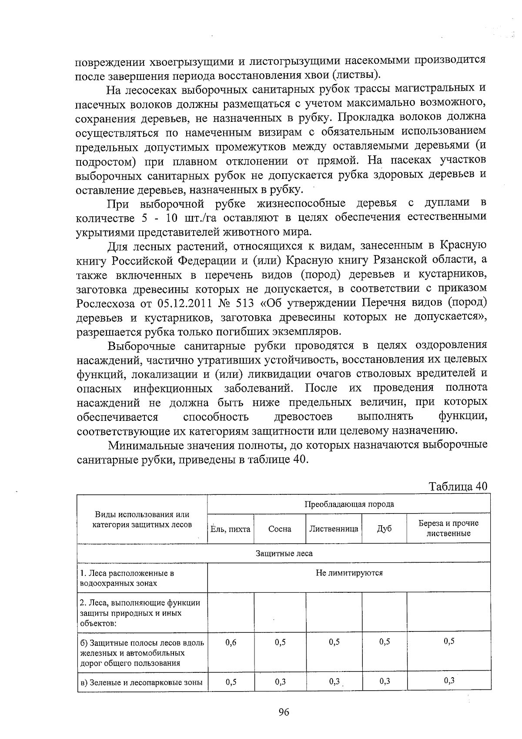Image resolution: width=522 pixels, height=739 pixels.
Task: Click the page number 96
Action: [x=284, y=712]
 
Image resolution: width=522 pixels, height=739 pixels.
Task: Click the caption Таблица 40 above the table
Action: [x=458, y=486]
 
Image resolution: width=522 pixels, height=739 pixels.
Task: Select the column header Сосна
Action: [x=280, y=529]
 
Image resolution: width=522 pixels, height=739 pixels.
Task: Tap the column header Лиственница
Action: [x=334, y=529]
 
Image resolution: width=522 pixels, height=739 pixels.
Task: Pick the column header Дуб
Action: [x=384, y=529]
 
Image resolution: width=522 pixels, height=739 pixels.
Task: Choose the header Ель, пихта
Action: [x=231, y=529]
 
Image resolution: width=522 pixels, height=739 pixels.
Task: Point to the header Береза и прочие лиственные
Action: [x=448, y=528]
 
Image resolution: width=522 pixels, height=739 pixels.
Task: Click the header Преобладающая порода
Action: [x=349, y=504]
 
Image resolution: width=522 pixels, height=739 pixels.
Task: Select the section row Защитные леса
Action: [x=284, y=553]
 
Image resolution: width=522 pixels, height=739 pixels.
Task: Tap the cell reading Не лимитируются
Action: [x=349, y=573]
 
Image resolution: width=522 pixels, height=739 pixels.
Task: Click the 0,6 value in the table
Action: [x=231, y=642]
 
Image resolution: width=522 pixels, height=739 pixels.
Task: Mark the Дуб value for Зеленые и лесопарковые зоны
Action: [x=385, y=681]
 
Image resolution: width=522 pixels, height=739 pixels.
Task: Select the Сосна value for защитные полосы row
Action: [x=280, y=642]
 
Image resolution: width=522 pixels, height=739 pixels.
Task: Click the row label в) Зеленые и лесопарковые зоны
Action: [x=142, y=682]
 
